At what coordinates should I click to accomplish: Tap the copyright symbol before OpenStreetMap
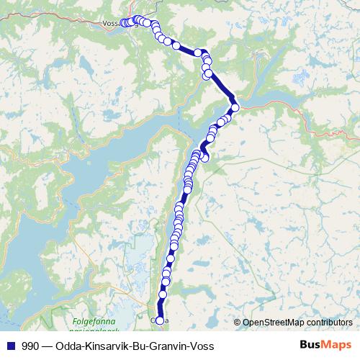tap(238, 323)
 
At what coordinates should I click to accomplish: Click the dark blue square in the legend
tap(11, 346)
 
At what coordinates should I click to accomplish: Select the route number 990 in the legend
tap(30, 346)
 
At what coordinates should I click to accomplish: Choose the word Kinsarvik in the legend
tap(106, 346)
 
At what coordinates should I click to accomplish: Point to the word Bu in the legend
tap(138, 346)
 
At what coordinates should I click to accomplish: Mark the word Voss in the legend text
tap(202, 346)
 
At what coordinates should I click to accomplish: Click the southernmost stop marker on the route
tap(160, 320)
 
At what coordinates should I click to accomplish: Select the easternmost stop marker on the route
tap(235, 108)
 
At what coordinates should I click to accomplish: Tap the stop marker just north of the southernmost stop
tap(162, 294)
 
